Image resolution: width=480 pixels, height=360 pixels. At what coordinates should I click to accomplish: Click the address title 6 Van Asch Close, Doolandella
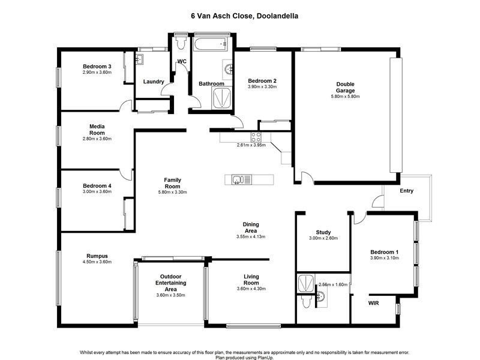coord(244,16)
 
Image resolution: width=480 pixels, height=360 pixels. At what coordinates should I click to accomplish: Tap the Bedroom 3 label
coord(97,67)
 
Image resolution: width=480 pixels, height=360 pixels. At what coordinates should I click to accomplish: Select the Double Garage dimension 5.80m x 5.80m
coord(346,97)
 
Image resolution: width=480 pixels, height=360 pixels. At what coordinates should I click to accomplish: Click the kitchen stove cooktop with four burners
coord(256,137)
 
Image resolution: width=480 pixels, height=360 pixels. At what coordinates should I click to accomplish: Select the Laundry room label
coord(154,82)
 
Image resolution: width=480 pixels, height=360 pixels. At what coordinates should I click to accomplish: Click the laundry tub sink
coord(139,59)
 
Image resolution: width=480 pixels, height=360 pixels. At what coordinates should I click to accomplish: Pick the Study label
coord(323,232)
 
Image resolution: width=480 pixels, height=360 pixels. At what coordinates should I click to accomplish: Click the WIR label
coord(373,303)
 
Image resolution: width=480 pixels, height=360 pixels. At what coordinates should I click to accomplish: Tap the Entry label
coord(407,191)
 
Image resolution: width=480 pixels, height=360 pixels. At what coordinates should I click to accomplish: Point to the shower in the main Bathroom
coord(221,98)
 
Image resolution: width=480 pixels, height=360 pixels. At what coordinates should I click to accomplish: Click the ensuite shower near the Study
coord(306,283)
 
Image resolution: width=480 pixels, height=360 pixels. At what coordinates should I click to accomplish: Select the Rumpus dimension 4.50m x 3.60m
coord(97,262)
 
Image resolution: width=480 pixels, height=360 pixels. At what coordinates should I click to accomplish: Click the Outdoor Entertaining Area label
coord(171,283)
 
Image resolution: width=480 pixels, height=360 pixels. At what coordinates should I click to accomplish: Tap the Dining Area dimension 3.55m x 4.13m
coord(251,236)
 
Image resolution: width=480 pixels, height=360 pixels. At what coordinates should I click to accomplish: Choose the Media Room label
coord(97,130)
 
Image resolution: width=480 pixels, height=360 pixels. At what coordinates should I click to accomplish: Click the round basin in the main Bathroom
coord(229,70)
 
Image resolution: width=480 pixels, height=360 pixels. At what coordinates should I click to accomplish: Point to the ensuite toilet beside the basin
coord(306,302)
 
